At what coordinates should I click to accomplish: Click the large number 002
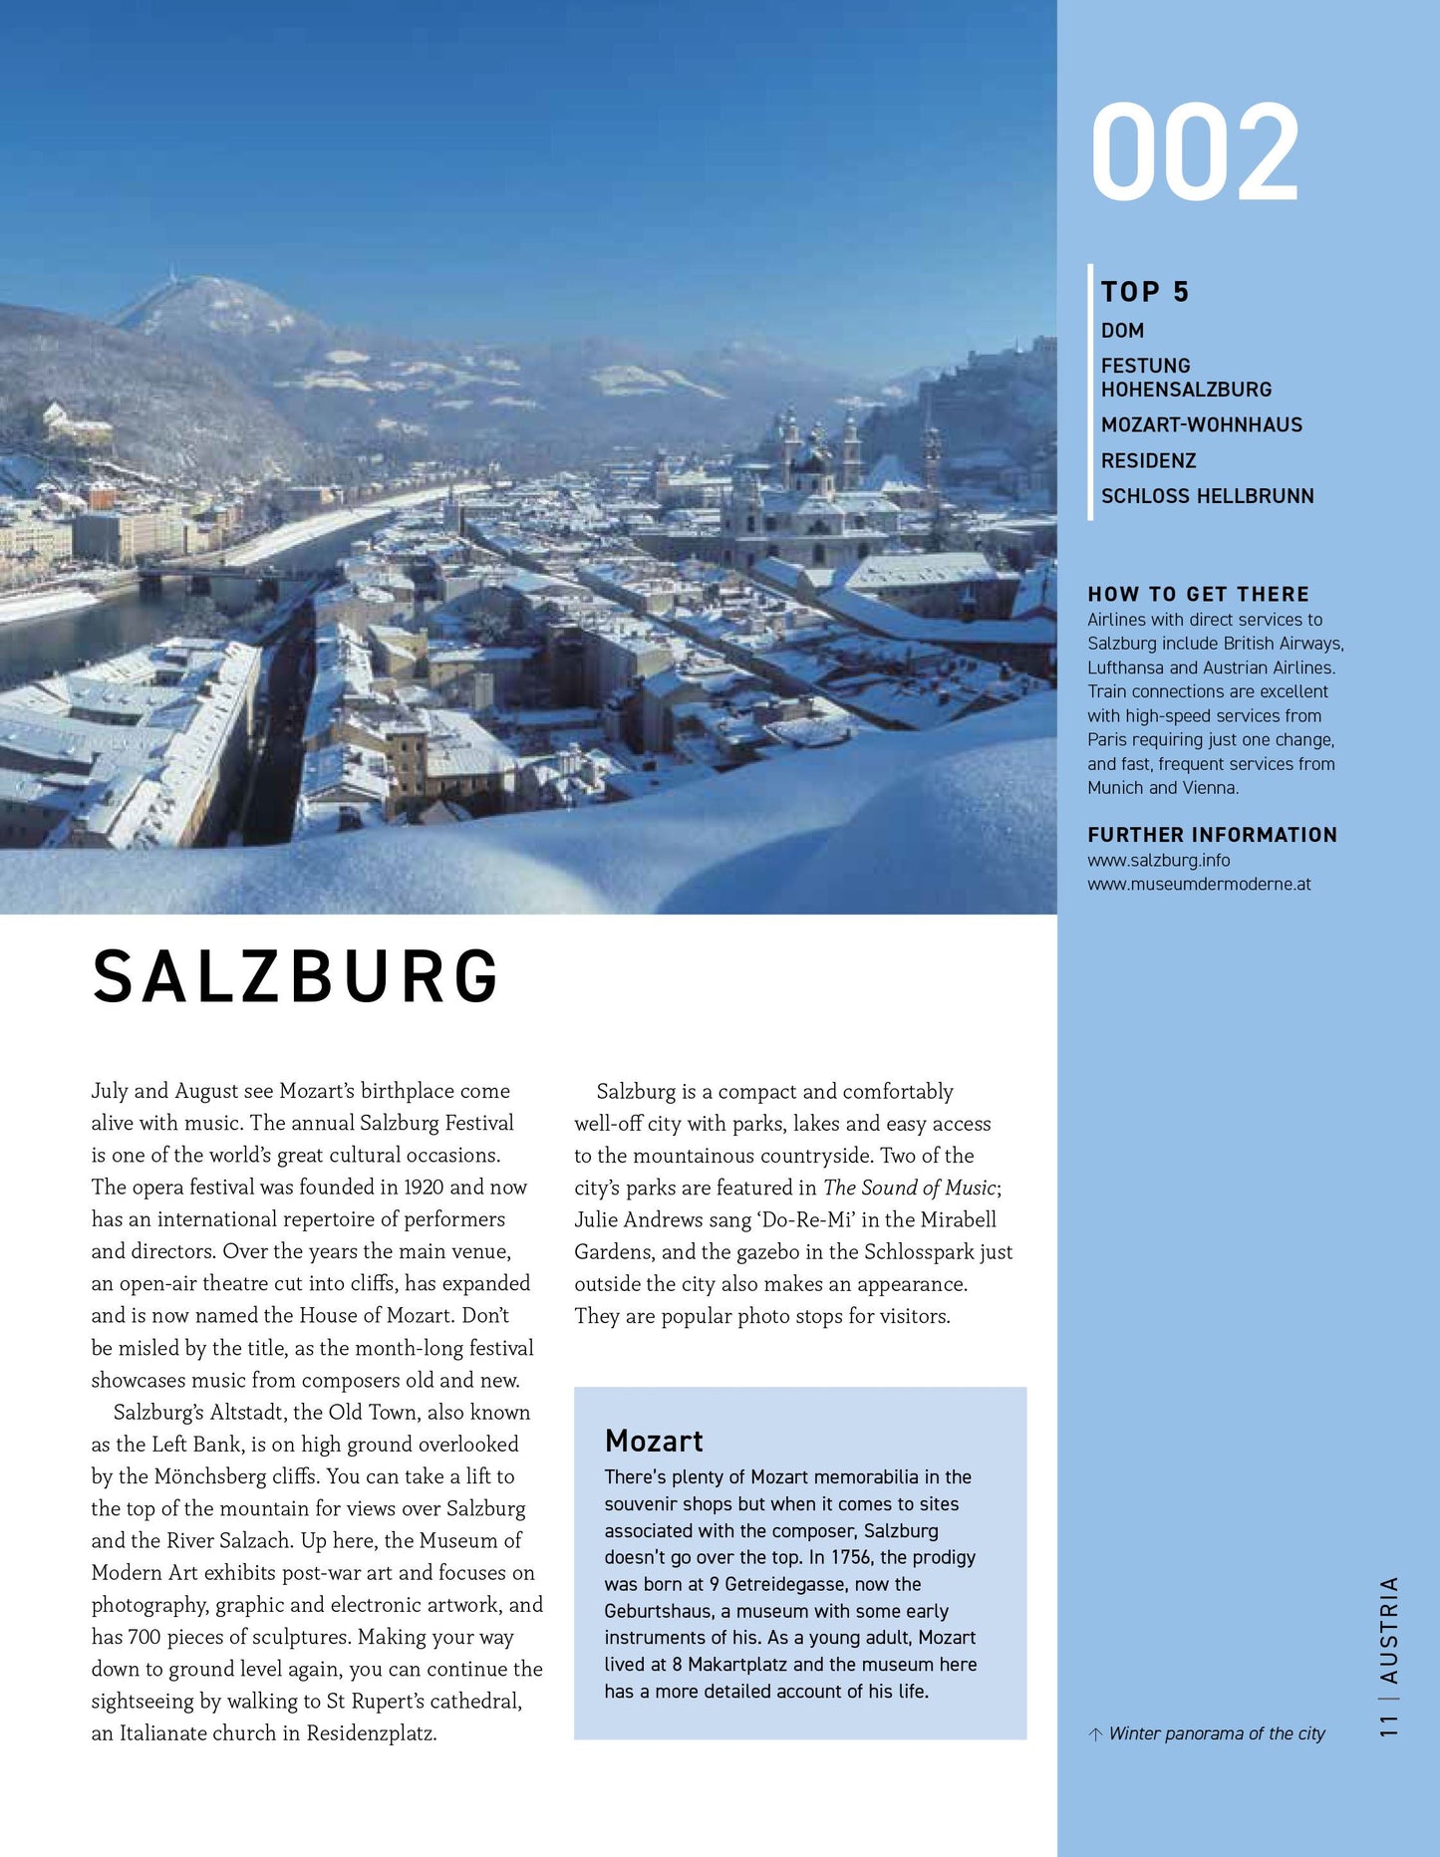[x=1194, y=152]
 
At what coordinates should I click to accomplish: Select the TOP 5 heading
[x=1145, y=292]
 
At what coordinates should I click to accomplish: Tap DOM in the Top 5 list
[x=1122, y=331]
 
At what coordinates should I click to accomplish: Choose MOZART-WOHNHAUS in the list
[x=1201, y=425]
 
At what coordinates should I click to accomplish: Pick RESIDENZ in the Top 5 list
[x=1148, y=461]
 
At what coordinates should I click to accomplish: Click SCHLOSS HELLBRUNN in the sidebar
[x=1207, y=496]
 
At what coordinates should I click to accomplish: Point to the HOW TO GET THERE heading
[x=1198, y=595]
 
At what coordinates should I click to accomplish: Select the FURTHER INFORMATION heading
[x=1212, y=835]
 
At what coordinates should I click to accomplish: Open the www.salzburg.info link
[x=1158, y=860]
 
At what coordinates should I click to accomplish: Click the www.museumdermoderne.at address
[x=1199, y=884]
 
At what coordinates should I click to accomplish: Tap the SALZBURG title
[x=296, y=976]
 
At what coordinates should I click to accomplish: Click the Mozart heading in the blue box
[x=654, y=1441]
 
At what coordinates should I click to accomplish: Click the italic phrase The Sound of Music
[x=909, y=1188]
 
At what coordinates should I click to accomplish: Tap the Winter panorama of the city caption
[x=1216, y=1733]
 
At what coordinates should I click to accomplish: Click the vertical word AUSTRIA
[x=1389, y=1630]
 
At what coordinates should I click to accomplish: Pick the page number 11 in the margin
[x=1389, y=1727]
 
